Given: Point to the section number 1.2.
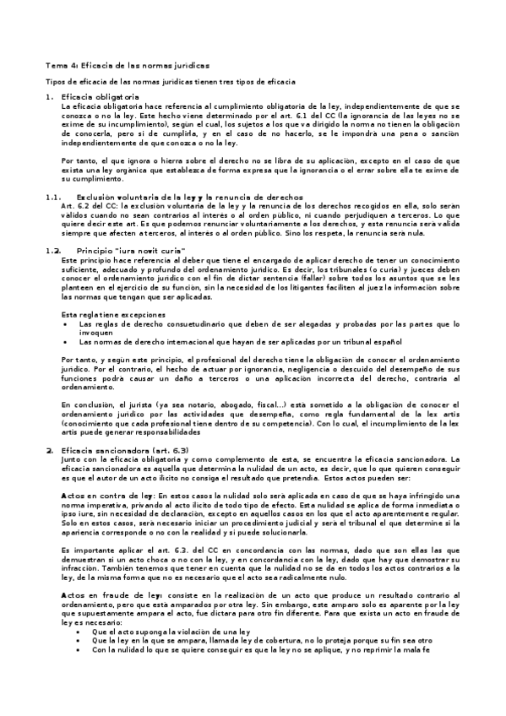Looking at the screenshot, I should pyautogui.click(x=52, y=251).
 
